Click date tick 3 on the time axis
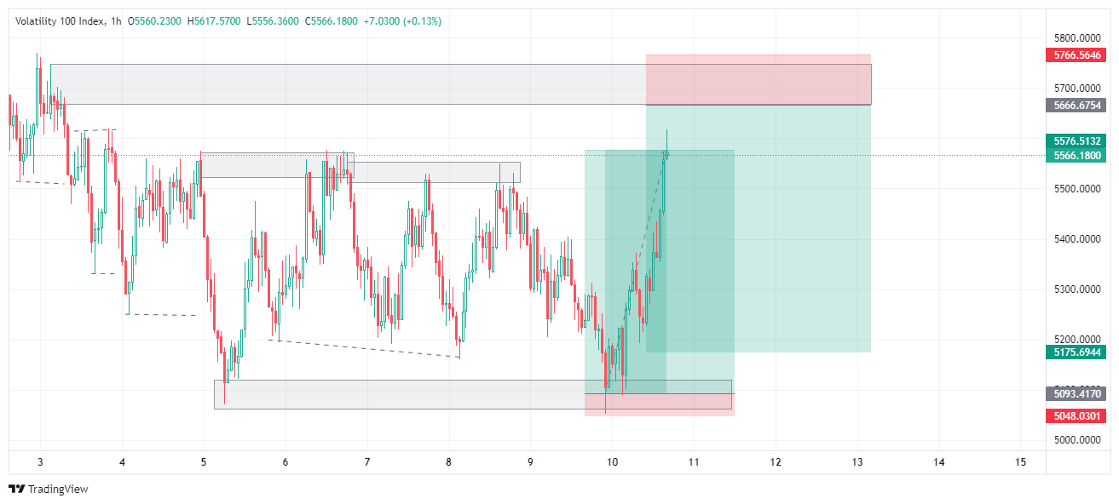coord(40,462)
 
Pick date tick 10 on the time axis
coord(612,462)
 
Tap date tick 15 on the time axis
coord(1020,462)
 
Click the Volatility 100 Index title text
coord(58,21)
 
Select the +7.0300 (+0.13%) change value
coord(402,21)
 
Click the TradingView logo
coord(49,490)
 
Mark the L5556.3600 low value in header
coord(273,21)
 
